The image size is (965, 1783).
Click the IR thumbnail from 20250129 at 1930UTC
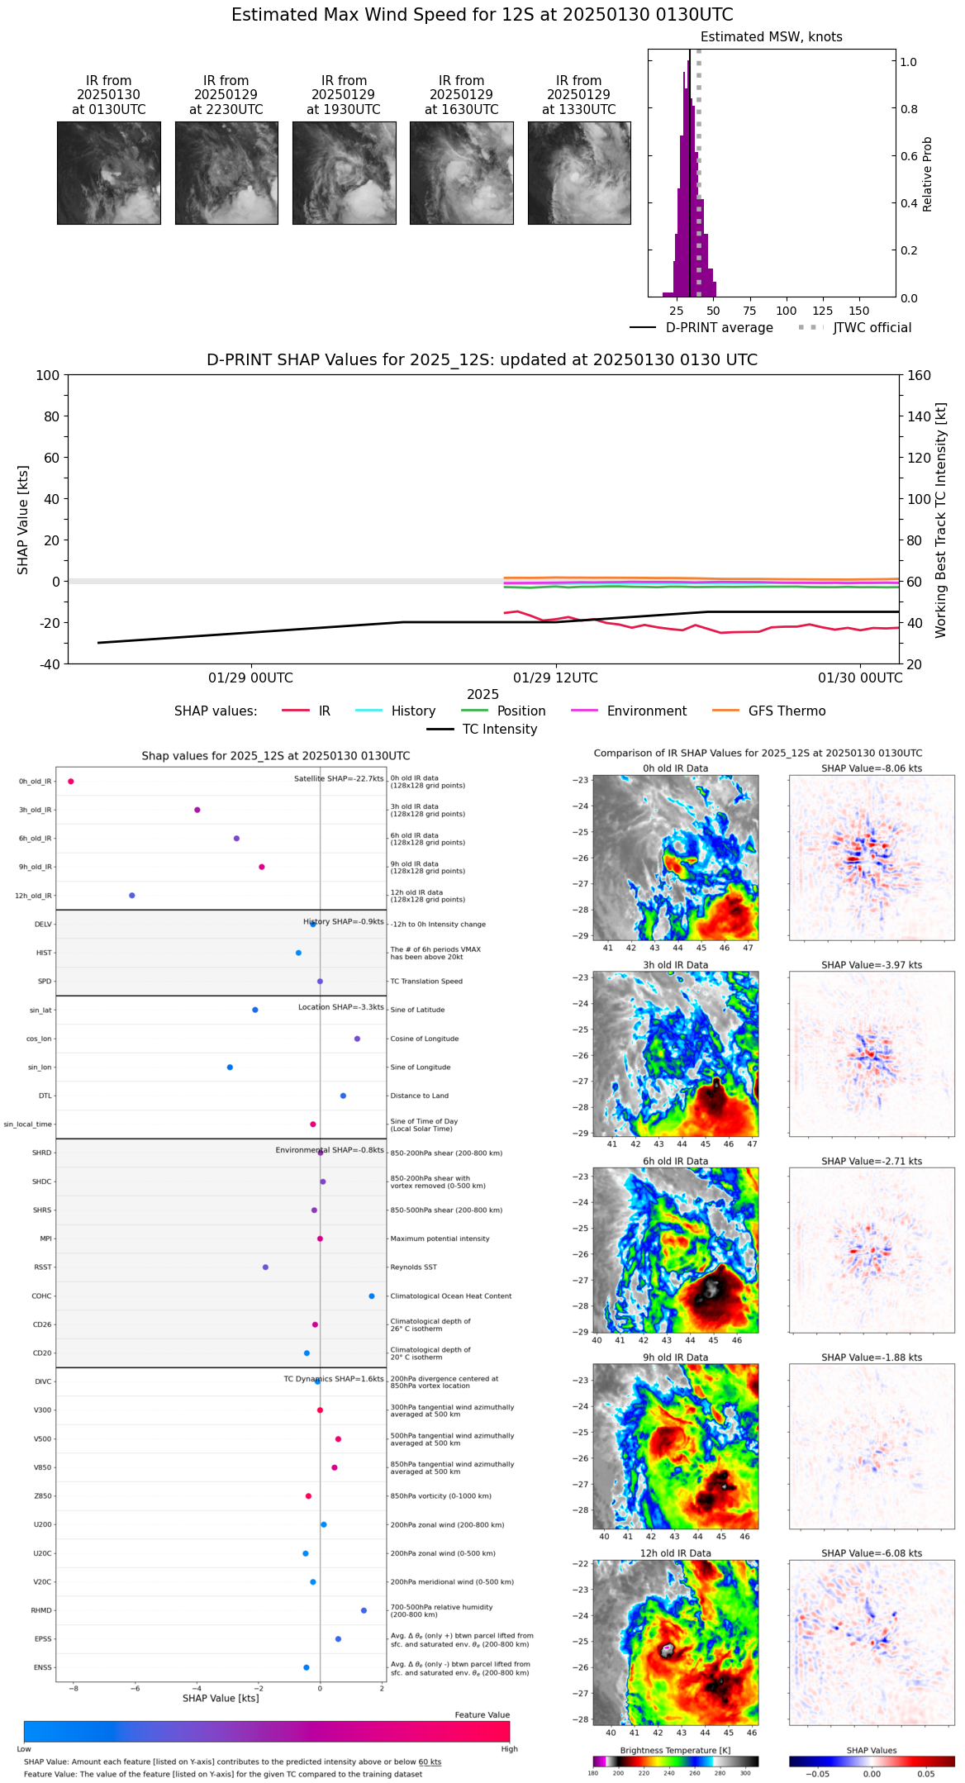click(x=344, y=173)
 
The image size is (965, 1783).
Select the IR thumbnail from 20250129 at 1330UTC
click(x=579, y=173)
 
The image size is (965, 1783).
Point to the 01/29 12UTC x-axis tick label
click(x=555, y=678)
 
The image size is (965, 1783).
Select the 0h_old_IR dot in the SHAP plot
click(x=71, y=782)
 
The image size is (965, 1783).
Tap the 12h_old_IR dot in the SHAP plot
click(x=132, y=896)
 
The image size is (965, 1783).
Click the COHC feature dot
click(x=372, y=1296)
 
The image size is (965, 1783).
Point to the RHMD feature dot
click(x=364, y=1610)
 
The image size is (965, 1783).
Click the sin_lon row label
click(x=40, y=1067)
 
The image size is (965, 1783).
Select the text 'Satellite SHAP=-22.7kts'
click(x=339, y=779)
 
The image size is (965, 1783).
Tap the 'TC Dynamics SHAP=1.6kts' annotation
click(x=334, y=1379)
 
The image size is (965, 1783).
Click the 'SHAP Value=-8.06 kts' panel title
click(x=872, y=768)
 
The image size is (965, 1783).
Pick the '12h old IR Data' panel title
click(x=675, y=1553)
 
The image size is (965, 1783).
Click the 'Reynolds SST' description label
click(x=413, y=1267)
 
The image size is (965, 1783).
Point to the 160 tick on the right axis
click(x=919, y=376)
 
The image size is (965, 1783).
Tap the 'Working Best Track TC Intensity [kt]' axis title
click(x=941, y=521)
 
